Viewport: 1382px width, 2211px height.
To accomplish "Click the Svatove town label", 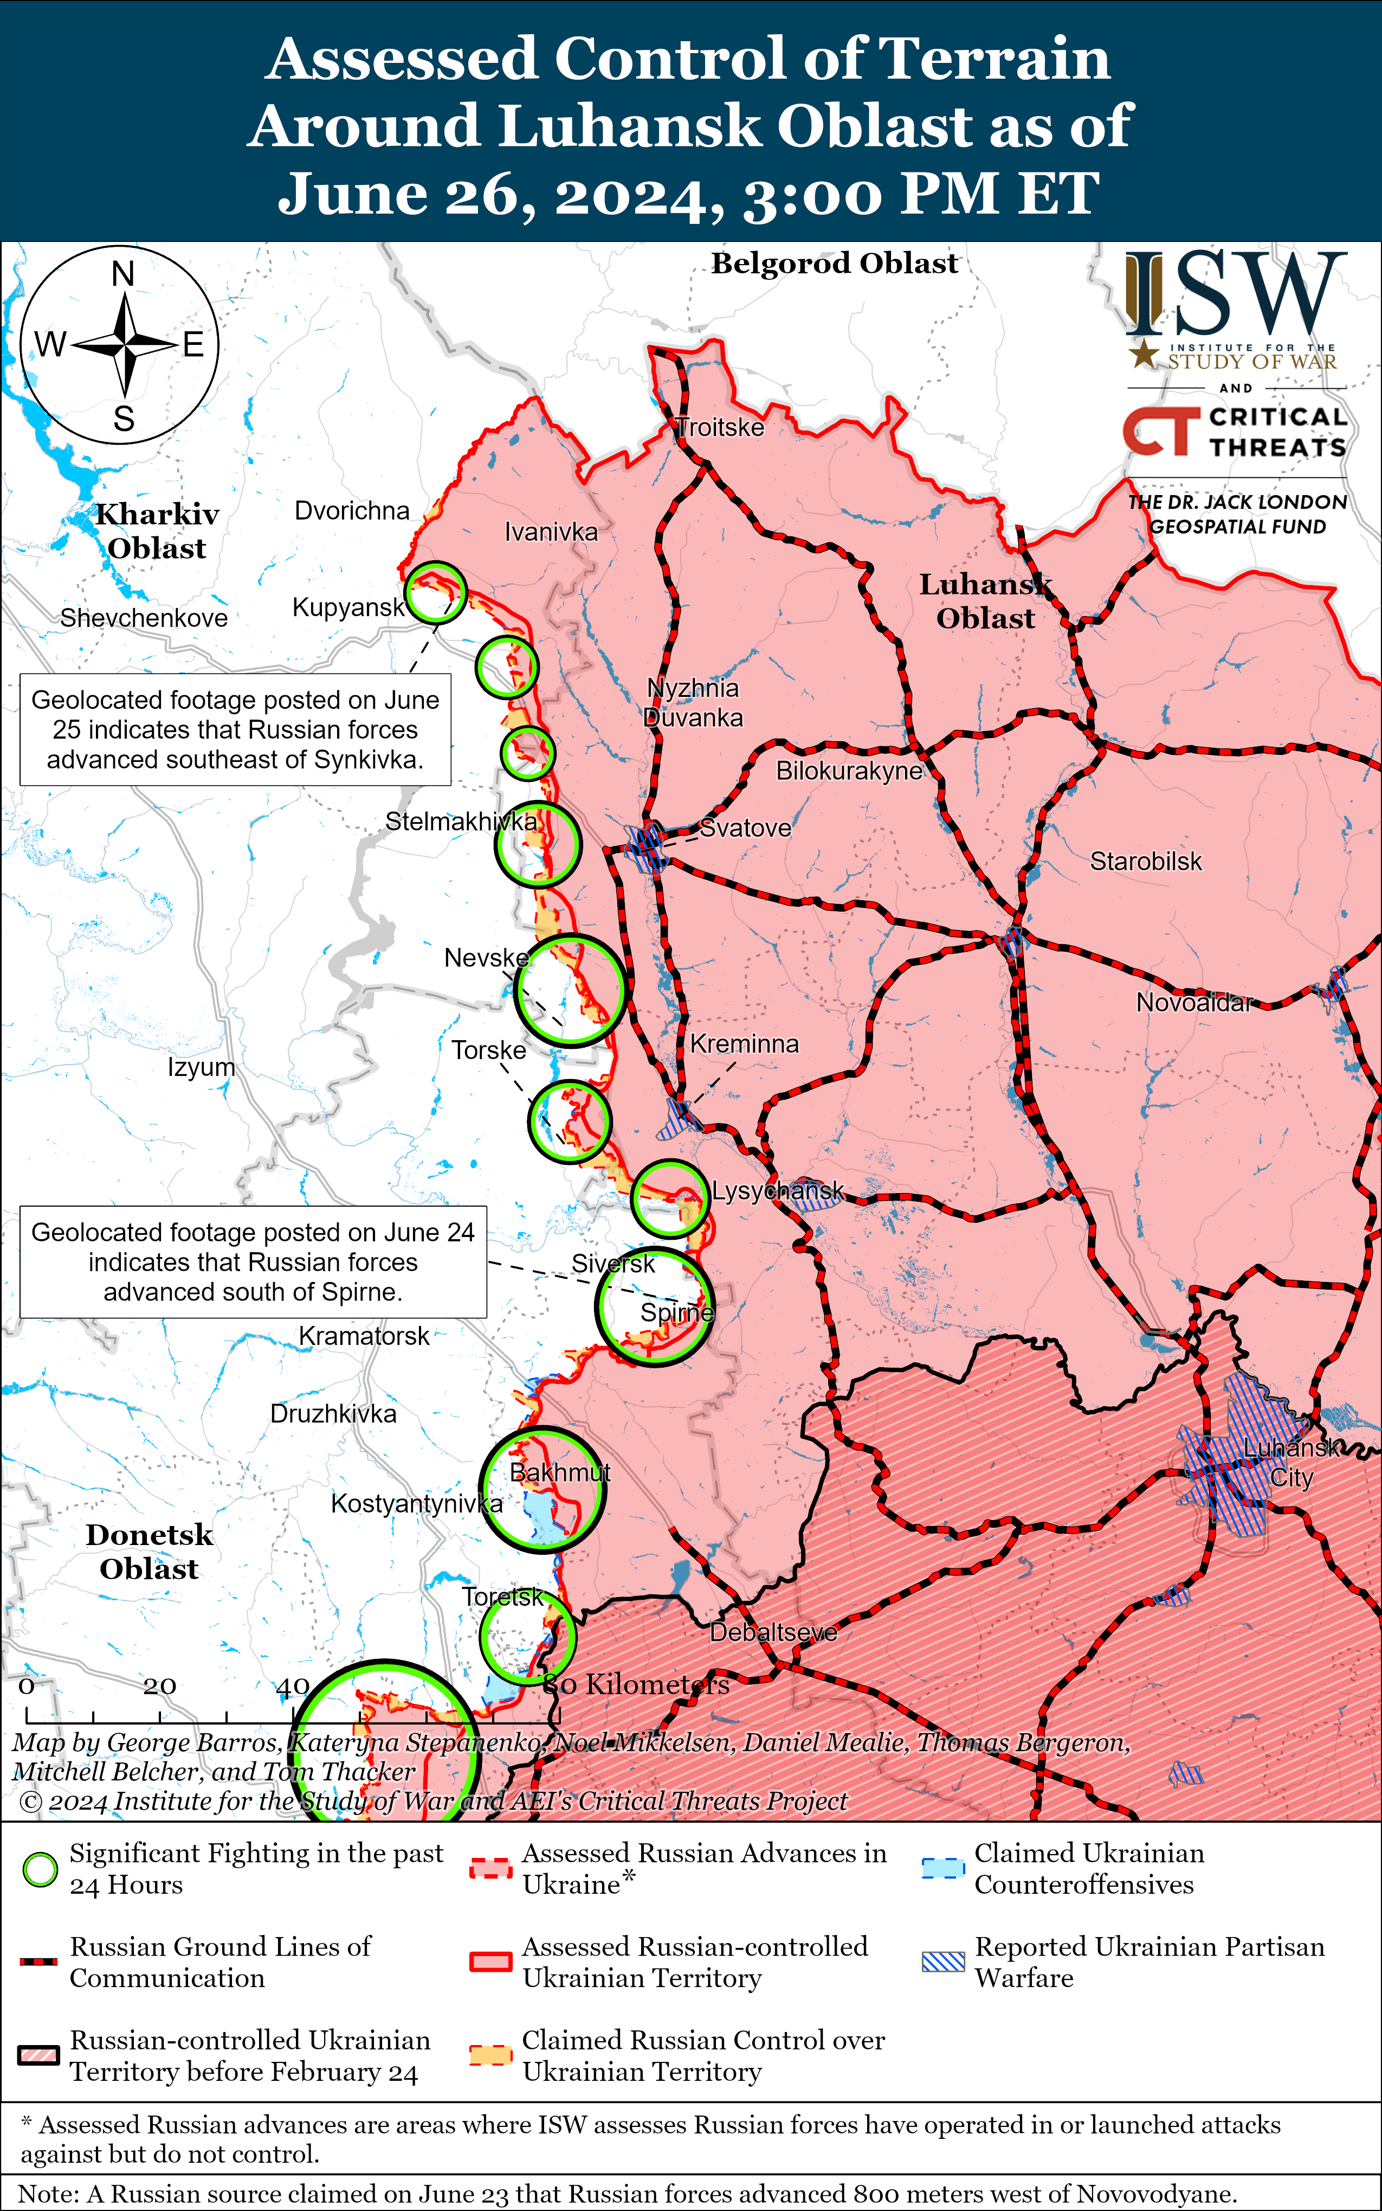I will [x=745, y=829].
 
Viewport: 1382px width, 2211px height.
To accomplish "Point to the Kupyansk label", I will [x=348, y=608].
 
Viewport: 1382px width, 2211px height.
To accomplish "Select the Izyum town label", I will [x=201, y=1067].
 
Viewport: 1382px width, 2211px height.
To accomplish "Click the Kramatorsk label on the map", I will [x=364, y=1336].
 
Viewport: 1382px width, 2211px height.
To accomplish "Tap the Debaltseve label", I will [x=773, y=1632].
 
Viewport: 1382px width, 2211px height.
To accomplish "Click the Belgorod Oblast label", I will [x=835, y=264].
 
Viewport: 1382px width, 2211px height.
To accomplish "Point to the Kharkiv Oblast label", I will [x=157, y=531].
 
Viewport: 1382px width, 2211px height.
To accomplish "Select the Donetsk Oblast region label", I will [x=149, y=1552].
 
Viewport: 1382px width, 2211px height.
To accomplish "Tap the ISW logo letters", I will [x=1236, y=294].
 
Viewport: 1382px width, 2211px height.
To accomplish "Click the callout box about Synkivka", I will [x=235, y=730].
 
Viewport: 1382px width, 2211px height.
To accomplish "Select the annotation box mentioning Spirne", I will [x=253, y=1262].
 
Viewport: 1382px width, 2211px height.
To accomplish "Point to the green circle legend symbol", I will [x=40, y=1870].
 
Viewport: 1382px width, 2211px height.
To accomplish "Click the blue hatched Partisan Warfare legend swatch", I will [x=942, y=1962].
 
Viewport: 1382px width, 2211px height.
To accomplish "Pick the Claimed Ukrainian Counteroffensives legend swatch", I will [x=942, y=1868].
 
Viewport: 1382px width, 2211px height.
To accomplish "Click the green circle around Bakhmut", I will [x=544, y=1490].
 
